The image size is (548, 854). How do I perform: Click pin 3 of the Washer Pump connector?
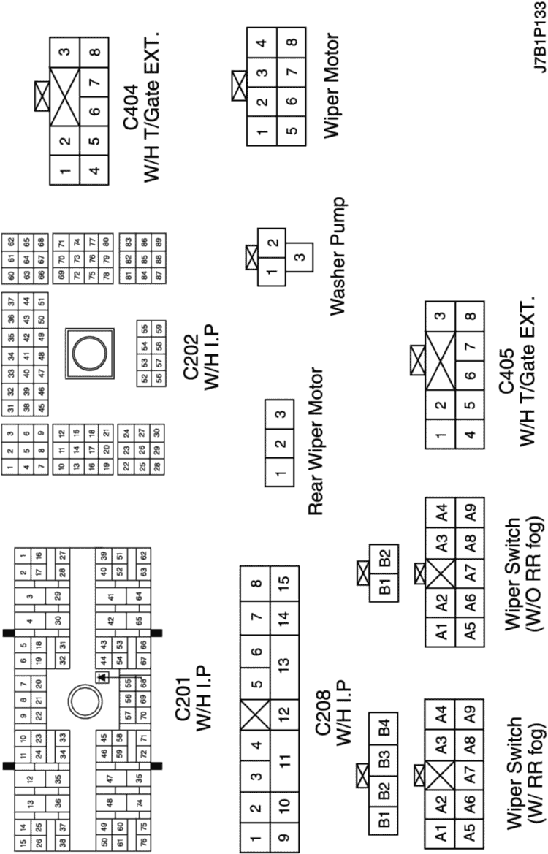point(297,258)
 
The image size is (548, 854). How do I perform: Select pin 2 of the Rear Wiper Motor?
point(278,443)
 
